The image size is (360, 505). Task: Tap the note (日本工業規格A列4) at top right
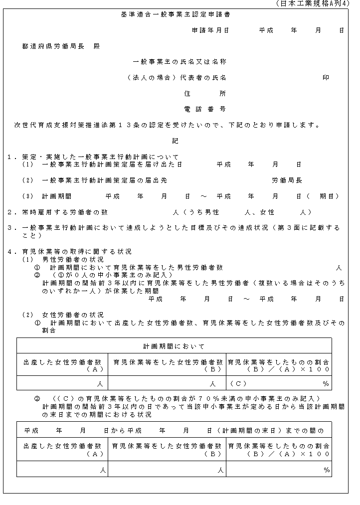(313, 4)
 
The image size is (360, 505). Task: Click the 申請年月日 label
(211, 30)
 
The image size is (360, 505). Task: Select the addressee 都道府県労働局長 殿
(61, 46)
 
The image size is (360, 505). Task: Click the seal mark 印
(326, 78)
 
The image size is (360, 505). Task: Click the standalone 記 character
(175, 141)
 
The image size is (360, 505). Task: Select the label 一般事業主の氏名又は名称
(180, 62)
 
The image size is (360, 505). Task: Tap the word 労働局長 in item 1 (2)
(287, 180)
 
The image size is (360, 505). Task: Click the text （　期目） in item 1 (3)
(331, 196)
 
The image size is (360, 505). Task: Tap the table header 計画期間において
(174, 346)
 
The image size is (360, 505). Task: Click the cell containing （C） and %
(278, 383)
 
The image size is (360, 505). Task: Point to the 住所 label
(205, 93)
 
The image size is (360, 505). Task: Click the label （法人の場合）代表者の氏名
(177, 78)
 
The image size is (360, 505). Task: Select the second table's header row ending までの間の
(174, 430)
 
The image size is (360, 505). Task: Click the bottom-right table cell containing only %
(278, 469)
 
